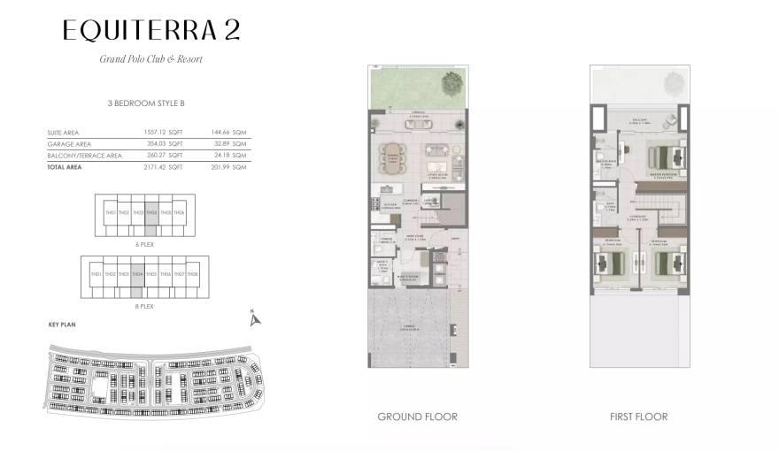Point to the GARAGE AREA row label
[70, 143]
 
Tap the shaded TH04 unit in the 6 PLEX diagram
[151, 213]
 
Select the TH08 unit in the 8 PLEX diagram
[192, 275]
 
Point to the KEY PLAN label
[62, 325]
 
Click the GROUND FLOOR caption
[417, 417]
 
